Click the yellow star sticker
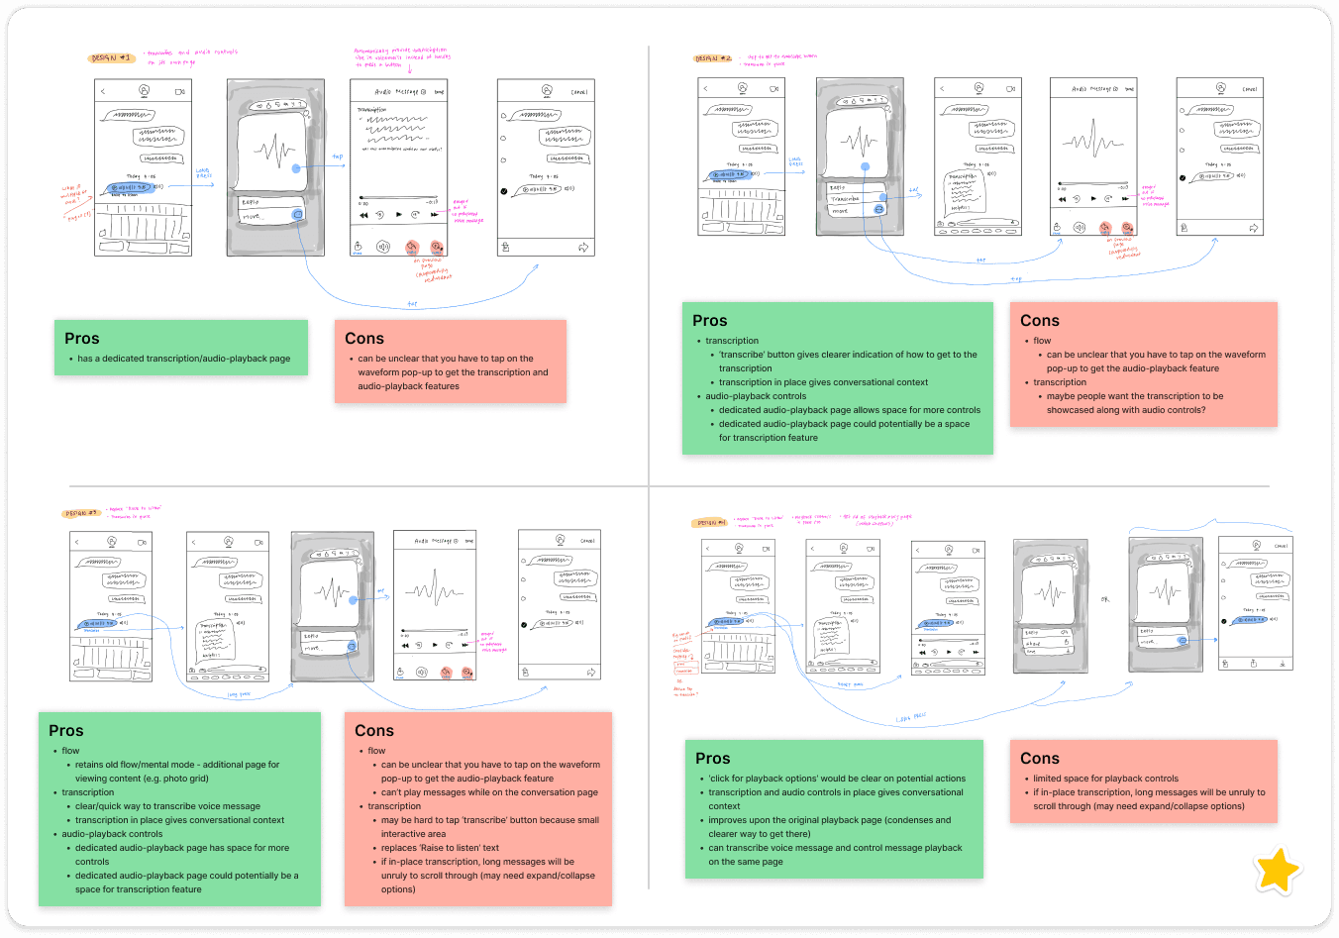tap(1277, 871)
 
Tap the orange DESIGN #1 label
tap(111, 58)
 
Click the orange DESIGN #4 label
tap(710, 523)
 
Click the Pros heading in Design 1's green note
tap(82, 339)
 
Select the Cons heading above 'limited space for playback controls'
tap(1039, 759)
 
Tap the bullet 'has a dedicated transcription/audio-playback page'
tap(184, 359)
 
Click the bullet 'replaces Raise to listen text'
tap(440, 848)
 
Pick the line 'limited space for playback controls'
tap(1105, 779)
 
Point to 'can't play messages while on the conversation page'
tap(489, 792)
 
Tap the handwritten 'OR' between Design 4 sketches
tap(1105, 599)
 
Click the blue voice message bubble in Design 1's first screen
tap(129, 187)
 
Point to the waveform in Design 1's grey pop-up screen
tap(273, 151)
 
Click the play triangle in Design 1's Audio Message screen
tap(399, 214)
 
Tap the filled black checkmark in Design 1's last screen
tap(504, 191)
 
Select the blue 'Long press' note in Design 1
tap(203, 173)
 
